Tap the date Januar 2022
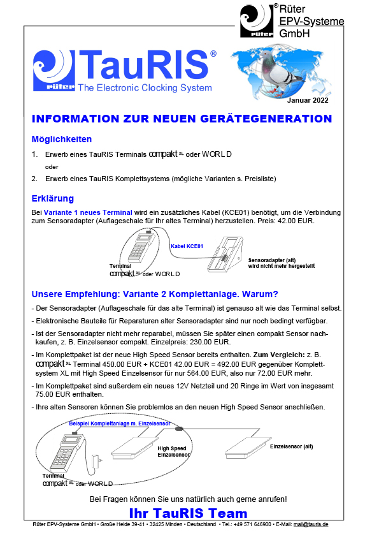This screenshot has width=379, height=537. click(308, 100)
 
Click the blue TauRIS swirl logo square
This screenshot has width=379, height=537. click(54, 71)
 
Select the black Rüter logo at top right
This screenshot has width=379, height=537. click(257, 20)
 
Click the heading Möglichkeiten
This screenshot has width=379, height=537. click(62, 140)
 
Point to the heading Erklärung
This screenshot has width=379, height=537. click(53, 198)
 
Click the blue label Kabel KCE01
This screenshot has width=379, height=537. click(187, 246)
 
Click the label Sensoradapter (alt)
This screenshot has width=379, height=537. click(272, 260)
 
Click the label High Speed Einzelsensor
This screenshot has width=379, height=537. click(173, 452)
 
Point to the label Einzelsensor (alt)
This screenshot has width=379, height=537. click(292, 446)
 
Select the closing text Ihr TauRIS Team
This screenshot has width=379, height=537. click(188, 513)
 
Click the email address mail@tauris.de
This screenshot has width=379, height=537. click(311, 524)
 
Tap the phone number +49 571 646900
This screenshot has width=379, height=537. click(252, 524)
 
